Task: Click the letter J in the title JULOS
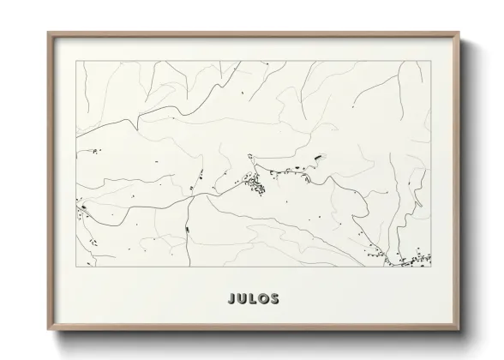pyautogui.click(x=231, y=300)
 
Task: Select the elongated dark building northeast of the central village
pyautogui.click(x=320, y=157)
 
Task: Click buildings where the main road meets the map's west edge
pyautogui.click(x=83, y=207)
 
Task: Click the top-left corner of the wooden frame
pyautogui.click(x=49, y=33)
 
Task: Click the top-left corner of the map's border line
pyautogui.click(x=76, y=63)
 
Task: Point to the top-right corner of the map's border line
pyautogui.click(x=430, y=63)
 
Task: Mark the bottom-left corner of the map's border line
pyautogui.click(x=76, y=267)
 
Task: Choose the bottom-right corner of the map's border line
pyautogui.click(x=430, y=267)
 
